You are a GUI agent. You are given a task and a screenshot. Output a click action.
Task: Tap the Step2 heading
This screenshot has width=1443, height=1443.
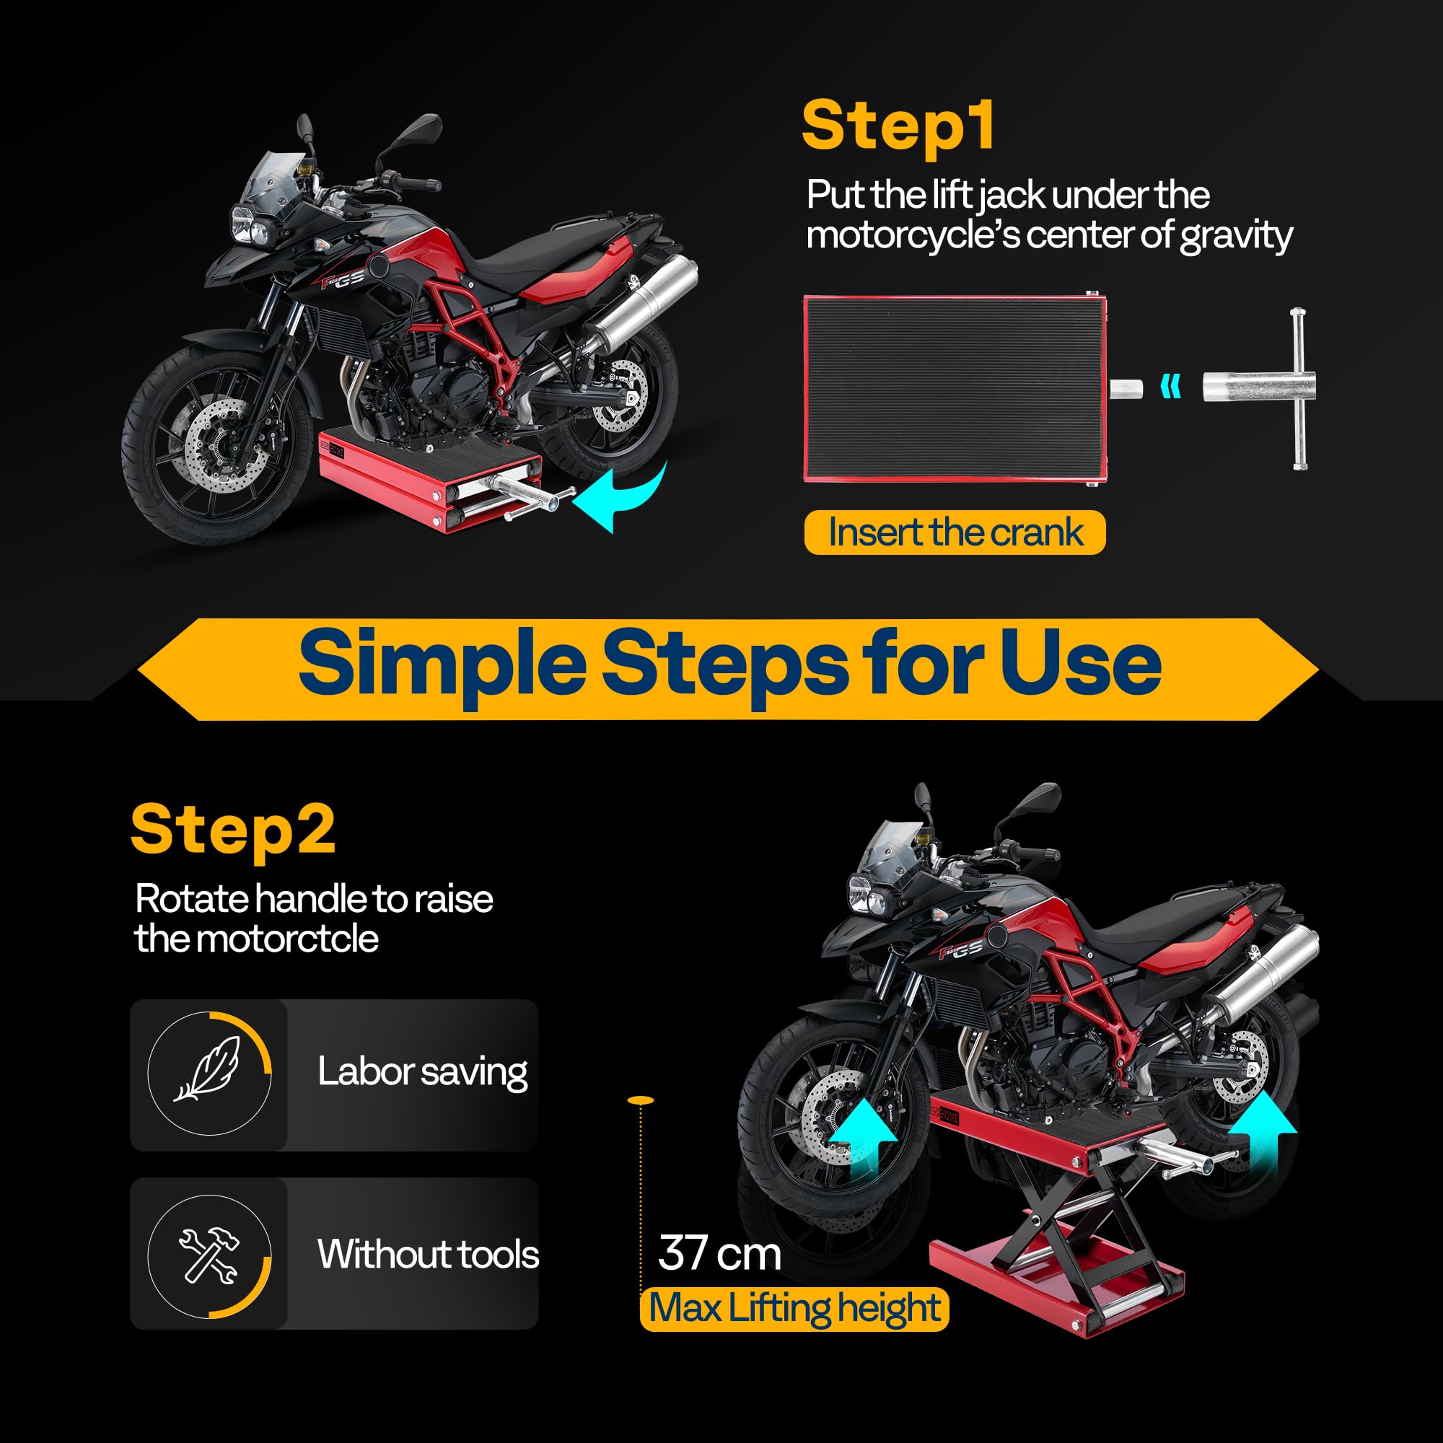pos(233,830)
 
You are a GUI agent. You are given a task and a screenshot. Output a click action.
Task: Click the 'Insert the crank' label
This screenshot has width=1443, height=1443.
pos(955,532)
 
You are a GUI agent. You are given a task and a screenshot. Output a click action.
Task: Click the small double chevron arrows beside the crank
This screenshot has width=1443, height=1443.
pos(1171,387)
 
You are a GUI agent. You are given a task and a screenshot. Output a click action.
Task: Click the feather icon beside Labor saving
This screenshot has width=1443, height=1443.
pos(209,1070)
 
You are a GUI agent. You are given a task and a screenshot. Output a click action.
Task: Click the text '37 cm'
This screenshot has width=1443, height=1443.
pos(719,1253)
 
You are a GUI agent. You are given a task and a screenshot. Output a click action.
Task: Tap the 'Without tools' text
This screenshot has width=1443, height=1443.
pos(427,1254)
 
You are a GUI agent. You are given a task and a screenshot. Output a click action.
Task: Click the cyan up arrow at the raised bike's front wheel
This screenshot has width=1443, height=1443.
pos(862,1139)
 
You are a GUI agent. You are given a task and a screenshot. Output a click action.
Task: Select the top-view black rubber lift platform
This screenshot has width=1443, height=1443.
pos(954,388)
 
